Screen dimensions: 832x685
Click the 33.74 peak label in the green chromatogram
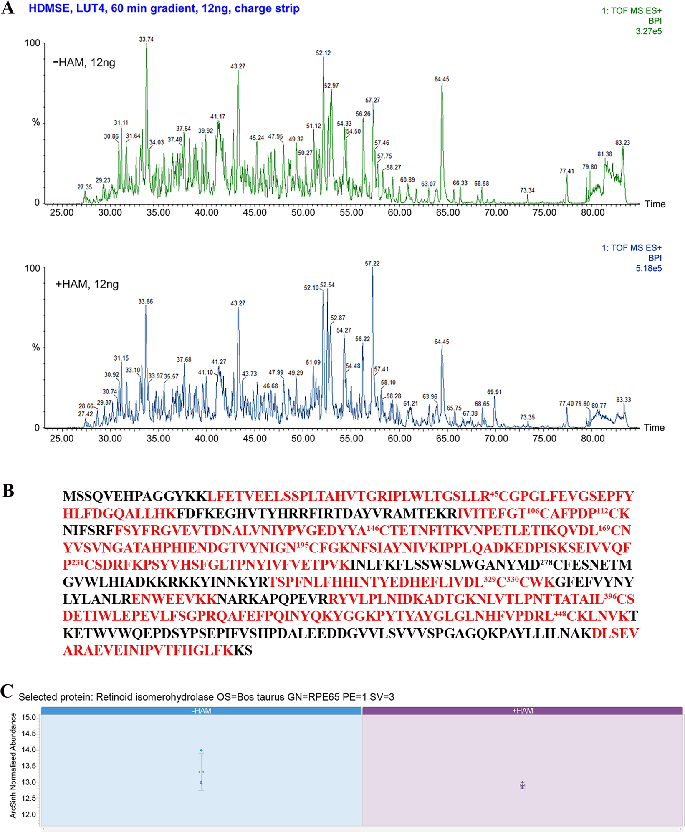click(x=146, y=39)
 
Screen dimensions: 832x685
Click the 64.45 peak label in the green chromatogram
click(x=442, y=79)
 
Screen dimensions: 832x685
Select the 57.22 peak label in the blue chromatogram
click(x=372, y=263)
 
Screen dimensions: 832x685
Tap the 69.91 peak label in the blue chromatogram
click(x=494, y=392)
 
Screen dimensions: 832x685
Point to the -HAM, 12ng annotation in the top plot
click(x=84, y=63)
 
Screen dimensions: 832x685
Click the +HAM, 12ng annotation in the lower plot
click(x=87, y=284)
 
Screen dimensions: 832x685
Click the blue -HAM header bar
click(x=201, y=711)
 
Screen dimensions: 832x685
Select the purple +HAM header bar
click(x=522, y=711)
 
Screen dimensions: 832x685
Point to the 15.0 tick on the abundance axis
click(x=29, y=717)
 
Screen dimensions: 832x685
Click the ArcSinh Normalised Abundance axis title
click(x=13, y=765)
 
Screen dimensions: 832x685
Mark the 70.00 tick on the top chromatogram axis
click(x=496, y=213)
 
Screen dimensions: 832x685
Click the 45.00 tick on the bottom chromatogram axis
click(x=255, y=439)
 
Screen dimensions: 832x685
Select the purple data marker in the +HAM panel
click(x=522, y=785)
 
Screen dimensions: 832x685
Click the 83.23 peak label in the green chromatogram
click(x=622, y=143)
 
